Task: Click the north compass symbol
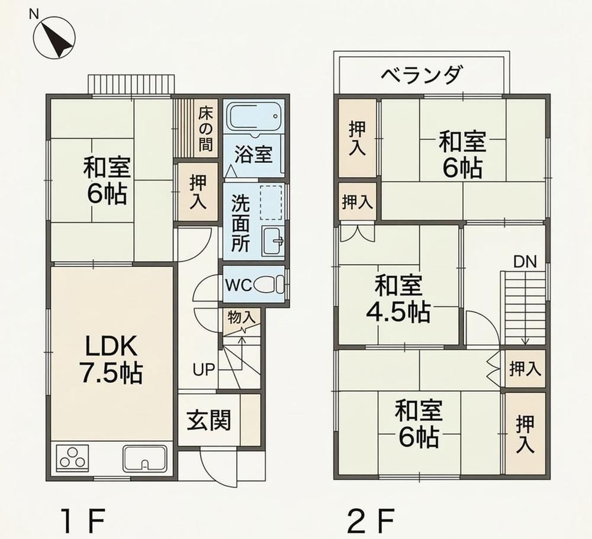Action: pyautogui.click(x=54, y=38)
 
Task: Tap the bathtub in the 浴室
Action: pyautogui.click(x=255, y=118)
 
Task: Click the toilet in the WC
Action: pyautogui.click(x=269, y=284)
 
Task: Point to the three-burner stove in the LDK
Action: pyautogui.click(x=73, y=458)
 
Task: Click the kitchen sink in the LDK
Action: pyautogui.click(x=145, y=458)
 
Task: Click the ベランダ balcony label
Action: pyautogui.click(x=421, y=75)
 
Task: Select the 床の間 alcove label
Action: pyautogui.click(x=205, y=129)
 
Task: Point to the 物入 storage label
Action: pyautogui.click(x=242, y=318)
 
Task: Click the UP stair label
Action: pyautogui.click(x=204, y=370)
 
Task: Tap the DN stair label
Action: pyautogui.click(x=525, y=262)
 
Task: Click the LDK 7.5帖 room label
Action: pyautogui.click(x=111, y=360)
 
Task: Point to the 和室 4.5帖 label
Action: pyautogui.click(x=398, y=299)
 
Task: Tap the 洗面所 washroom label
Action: pyautogui.click(x=240, y=223)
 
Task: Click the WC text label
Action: pyautogui.click(x=239, y=285)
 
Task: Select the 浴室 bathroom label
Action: pyautogui.click(x=253, y=154)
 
